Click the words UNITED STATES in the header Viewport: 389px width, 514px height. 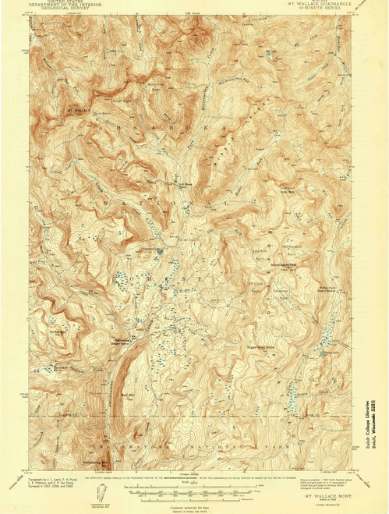point(58,3)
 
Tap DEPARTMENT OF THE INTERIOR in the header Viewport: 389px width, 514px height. point(58,7)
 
